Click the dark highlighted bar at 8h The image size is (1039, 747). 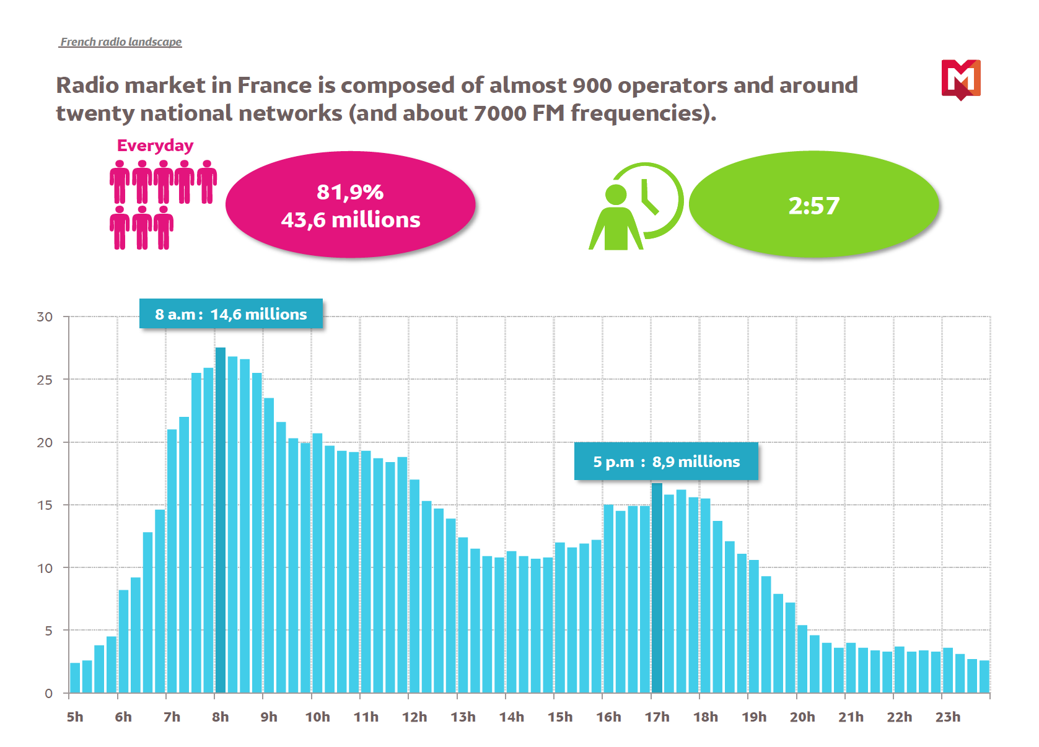220,520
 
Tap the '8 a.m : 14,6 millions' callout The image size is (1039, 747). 231,314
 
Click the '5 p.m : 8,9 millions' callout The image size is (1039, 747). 666,461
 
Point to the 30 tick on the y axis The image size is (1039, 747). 45,317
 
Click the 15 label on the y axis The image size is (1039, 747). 45,505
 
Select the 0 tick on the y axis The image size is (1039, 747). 48,694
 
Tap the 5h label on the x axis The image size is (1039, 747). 75,717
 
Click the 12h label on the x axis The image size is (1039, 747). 414,717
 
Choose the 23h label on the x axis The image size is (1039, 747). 948,717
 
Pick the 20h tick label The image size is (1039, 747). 802,717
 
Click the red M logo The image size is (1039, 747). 961,79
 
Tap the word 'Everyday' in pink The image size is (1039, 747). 155,146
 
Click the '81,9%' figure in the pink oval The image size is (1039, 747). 350,192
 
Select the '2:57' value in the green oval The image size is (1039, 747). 814,206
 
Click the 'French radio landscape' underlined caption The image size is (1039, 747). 121,42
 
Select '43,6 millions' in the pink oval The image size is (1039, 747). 351,220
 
